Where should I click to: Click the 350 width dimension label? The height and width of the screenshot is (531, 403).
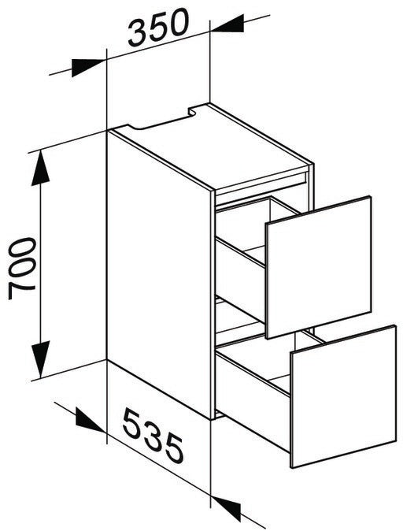pyautogui.click(x=157, y=27)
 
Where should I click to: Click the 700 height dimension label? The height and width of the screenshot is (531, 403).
pyautogui.click(x=22, y=269)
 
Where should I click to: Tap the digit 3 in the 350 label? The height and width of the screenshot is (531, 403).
pyautogui.click(x=138, y=32)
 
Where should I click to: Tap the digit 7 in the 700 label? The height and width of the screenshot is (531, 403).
pyautogui.click(x=22, y=291)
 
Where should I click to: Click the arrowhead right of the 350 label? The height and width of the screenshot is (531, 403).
pyautogui.click(x=227, y=24)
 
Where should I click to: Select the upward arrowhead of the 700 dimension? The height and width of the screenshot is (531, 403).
pyautogui.click(x=40, y=168)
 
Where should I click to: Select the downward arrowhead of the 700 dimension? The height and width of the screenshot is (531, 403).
pyautogui.click(x=40, y=359)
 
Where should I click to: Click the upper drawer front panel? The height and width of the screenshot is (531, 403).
pyautogui.click(x=319, y=267)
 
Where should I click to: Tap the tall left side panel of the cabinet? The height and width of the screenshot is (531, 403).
pyautogui.click(x=159, y=274)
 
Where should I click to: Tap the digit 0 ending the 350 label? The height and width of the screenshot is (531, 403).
pyautogui.click(x=176, y=22)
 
